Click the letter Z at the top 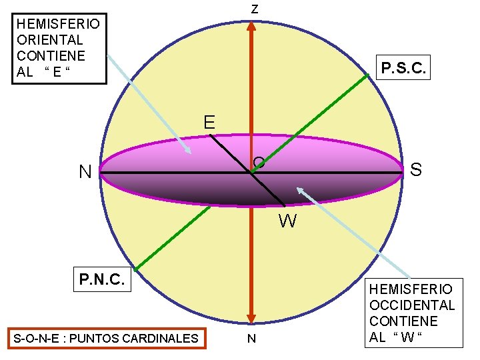tap(254, 9)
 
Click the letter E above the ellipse tap(209, 123)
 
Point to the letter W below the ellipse tap(288, 221)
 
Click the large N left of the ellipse tap(85, 172)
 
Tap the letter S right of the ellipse tap(416, 170)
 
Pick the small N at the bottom tap(251, 339)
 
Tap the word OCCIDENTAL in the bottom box tap(411, 305)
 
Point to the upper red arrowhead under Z tap(251, 28)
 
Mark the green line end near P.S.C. tap(367, 75)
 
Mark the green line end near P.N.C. tap(135, 269)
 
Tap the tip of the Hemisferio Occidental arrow tap(298, 189)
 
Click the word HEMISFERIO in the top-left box tap(59, 24)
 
